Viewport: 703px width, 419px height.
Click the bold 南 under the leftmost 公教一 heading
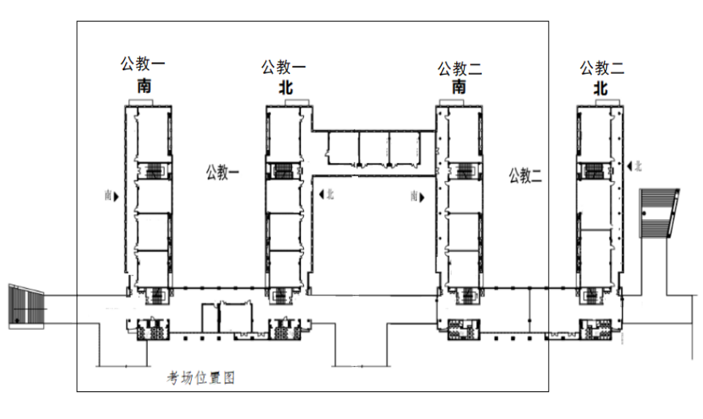click(x=144, y=86)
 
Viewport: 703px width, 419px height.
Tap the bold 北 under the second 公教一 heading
click(x=286, y=87)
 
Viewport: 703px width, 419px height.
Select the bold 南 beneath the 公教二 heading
click(x=458, y=86)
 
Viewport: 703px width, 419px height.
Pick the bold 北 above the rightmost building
click(x=600, y=88)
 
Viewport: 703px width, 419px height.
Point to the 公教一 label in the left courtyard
click(x=223, y=173)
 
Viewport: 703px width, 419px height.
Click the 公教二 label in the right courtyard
click(x=525, y=175)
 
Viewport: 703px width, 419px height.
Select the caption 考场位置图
click(x=201, y=378)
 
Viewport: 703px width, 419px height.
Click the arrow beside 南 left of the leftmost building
click(x=116, y=196)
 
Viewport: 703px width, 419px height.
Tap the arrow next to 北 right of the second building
click(x=321, y=195)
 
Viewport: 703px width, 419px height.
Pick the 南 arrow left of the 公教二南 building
click(x=422, y=197)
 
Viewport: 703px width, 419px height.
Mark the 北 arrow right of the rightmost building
click(x=630, y=166)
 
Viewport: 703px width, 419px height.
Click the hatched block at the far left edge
click(x=26, y=306)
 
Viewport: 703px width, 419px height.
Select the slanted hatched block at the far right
click(x=658, y=213)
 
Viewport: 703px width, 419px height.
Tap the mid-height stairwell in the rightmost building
click(x=594, y=170)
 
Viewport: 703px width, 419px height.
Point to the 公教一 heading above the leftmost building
click(x=143, y=64)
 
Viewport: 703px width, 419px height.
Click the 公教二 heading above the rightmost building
click(x=602, y=67)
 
